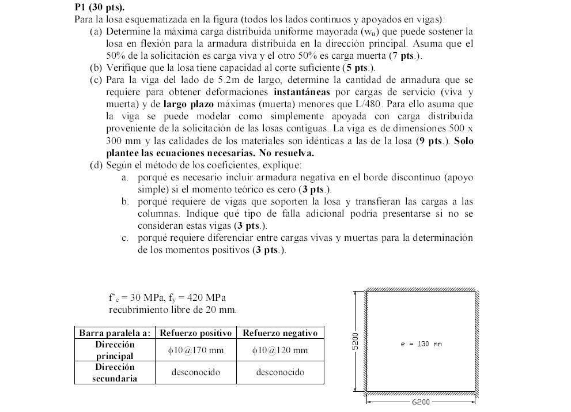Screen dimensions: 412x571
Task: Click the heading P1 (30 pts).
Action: pyautogui.click(x=100, y=8)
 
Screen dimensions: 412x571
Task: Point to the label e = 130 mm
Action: pyautogui.click(x=421, y=344)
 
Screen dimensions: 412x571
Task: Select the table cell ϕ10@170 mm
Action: pyautogui.click(x=196, y=350)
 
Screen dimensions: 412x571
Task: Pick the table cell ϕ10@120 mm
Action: pyautogui.click(x=280, y=350)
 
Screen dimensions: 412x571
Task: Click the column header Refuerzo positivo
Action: pyautogui.click(x=196, y=333)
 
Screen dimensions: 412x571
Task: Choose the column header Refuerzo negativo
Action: pyautogui.click(x=280, y=333)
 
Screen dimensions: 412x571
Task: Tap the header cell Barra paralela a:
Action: pyautogui.click(x=115, y=333)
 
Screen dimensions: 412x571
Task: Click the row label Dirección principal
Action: pyautogui.click(x=115, y=350)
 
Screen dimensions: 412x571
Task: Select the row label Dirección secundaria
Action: pyautogui.click(x=115, y=372)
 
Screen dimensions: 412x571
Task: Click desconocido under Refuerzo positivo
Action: pyautogui.click(x=196, y=372)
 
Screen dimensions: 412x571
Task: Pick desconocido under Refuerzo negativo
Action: pyautogui.click(x=280, y=372)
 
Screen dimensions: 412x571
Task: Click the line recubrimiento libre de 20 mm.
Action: pyautogui.click(x=172, y=309)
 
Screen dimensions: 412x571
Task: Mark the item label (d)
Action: pyautogui.click(x=96, y=165)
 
